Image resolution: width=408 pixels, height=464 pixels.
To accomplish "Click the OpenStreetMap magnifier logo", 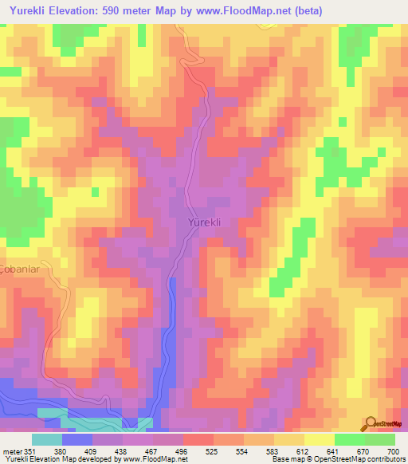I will pyautogui.click(x=371, y=425).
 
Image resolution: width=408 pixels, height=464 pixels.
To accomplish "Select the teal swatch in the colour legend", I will pyautogui.click(x=47, y=438).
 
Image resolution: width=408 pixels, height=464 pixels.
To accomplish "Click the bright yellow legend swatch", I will pyautogui.click(x=319, y=438).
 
